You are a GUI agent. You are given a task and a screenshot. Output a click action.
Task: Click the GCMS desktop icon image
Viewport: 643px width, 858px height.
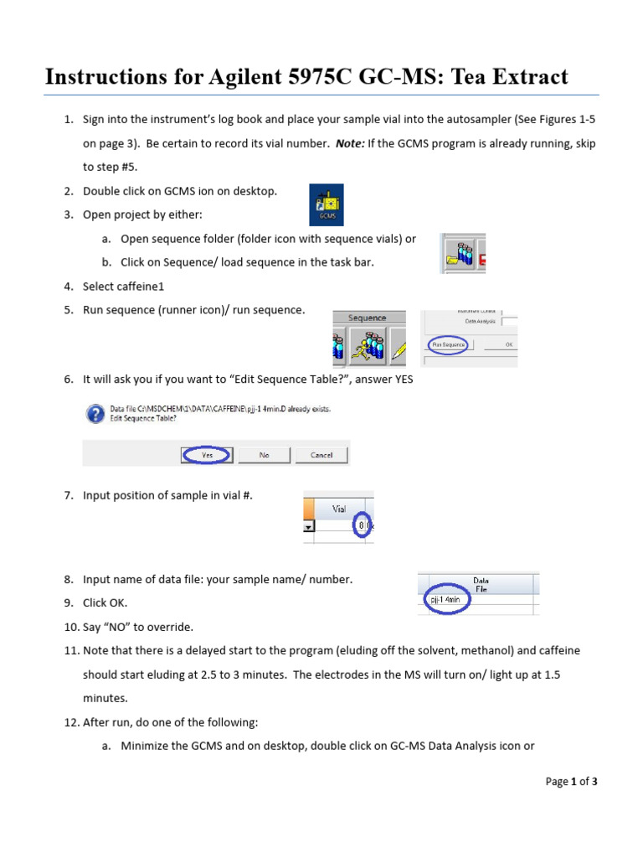(326, 205)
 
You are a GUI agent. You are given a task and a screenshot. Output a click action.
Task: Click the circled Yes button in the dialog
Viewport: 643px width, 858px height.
(207, 455)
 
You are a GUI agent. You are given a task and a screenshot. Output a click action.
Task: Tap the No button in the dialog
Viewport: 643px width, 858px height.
(264, 455)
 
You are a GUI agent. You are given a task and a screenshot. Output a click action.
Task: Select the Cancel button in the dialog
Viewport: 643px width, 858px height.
(321, 455)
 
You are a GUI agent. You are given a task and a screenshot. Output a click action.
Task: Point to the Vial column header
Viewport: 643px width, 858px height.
(339, 509)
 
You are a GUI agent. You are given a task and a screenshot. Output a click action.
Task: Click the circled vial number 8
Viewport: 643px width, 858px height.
(362, 526)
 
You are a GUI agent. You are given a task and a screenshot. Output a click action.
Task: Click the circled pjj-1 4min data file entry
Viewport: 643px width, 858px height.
(447, 600)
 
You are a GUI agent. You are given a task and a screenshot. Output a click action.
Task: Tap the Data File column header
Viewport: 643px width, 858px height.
(481, 584)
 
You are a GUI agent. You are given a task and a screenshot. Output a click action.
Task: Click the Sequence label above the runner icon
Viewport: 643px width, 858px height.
(368, 318)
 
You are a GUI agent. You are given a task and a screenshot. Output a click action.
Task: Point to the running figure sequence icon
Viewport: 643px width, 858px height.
(366, 344)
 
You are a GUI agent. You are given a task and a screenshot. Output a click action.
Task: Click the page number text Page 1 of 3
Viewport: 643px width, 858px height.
(571, 782)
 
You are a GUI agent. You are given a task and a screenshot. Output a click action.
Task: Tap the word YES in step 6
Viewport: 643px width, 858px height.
(399, 380)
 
